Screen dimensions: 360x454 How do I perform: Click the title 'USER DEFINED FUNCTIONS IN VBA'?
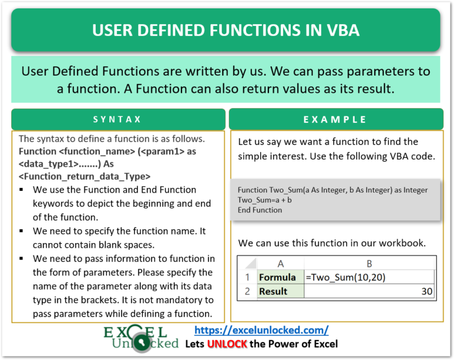[x=227, y=30]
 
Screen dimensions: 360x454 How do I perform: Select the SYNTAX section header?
[x=118, y=119]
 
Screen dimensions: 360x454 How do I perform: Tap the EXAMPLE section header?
[x=335, y=119]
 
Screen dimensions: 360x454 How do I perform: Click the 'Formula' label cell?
[x=277, y=277]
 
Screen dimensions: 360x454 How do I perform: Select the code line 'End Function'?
[x=260, y=210]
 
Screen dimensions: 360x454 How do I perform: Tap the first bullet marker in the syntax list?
[x=22, y=190]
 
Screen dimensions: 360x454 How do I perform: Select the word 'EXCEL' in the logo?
[x=135, y=332]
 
